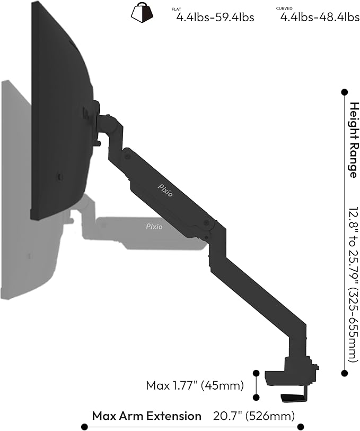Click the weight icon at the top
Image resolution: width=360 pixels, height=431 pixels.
click(x=142, y=13)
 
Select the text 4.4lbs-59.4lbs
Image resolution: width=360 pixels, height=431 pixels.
click(x=215, y=18)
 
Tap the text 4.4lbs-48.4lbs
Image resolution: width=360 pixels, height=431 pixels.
click(x=320, y=18)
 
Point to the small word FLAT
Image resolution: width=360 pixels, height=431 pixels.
click(x=177, y=9)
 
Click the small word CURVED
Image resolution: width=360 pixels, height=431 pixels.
click(x=284, y=8)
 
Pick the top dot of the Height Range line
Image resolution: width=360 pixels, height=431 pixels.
click(x=344, y=92)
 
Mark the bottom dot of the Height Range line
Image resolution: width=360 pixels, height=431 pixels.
click(x=344, y=373)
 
